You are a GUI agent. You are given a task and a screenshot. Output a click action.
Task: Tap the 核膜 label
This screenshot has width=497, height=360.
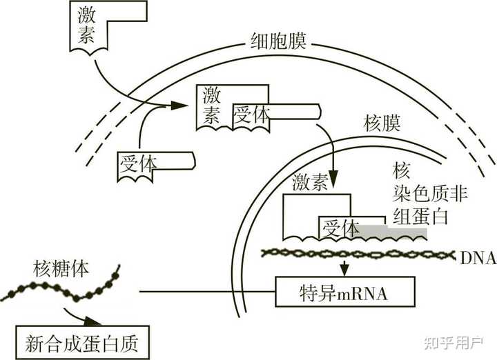point(383,125)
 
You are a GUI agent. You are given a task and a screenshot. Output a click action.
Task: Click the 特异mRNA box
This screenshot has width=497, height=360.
point(345,292)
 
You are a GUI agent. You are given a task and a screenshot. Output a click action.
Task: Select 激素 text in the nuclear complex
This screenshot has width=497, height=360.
point(310,183)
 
